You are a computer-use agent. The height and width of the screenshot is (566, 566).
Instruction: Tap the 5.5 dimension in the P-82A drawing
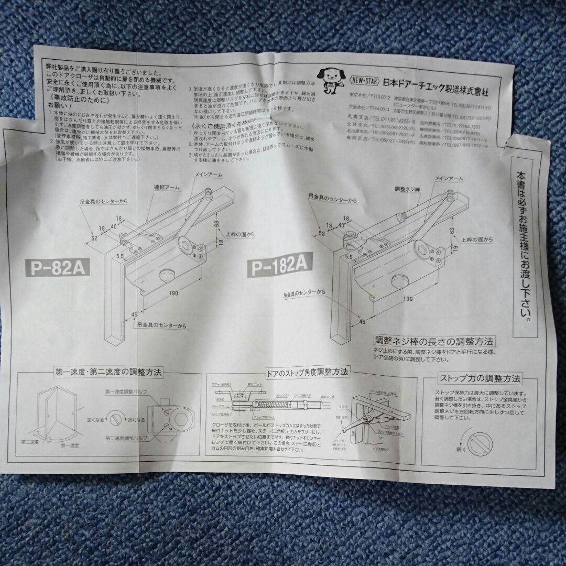coord(120,257)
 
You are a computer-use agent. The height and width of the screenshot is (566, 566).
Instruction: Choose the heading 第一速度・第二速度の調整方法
coord(108,373)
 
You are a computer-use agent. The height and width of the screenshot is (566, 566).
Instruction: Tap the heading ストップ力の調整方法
coord(480,378)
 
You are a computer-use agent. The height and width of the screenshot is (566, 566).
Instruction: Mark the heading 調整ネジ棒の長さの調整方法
coord(434,341)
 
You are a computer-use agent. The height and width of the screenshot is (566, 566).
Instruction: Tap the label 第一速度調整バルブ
coord(126,391)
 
